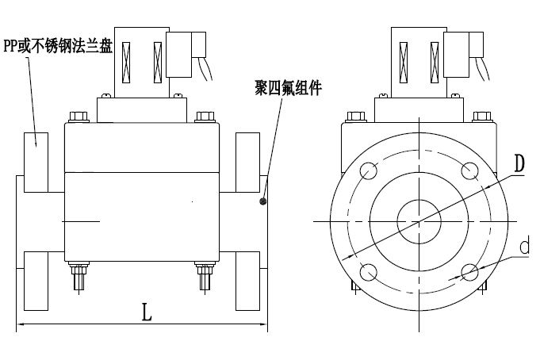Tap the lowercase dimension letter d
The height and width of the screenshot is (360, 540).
point(524,247)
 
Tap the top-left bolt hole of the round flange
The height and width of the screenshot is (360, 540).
point(369,170)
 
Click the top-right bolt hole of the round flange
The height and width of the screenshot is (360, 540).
point(469,170)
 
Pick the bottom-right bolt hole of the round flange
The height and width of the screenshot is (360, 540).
point(469,271)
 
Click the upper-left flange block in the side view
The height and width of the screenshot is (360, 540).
point(36,162)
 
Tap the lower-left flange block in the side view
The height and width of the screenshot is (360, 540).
point(36,281)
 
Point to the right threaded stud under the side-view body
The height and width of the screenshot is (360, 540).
point(204,278)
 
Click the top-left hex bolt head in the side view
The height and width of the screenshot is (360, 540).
point(78,117)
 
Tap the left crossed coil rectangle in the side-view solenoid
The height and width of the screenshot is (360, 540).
point(126,63)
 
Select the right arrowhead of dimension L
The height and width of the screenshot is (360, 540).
point(264,325)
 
